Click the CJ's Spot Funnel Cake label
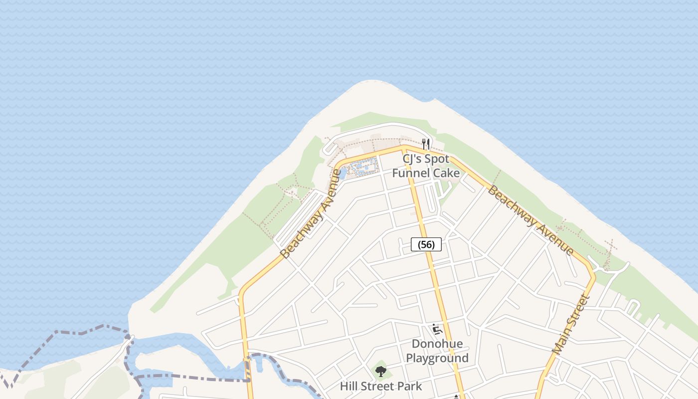[x=426, y=166]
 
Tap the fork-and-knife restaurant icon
[x=426, y=144]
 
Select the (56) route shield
[x=426, y=244]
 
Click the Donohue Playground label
[x=437, y=351]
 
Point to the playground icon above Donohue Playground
[x=437, y=329]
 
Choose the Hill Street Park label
[x=381, y=386]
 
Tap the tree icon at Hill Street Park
[x=381, y=371]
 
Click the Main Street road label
[x=571, y=325]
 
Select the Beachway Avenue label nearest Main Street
[x=530, y=220]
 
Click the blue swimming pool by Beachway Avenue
[x=364, y=166]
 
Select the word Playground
[x=437, y=358]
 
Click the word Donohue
[x=437, y=344]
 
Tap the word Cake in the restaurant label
[x=446, y=173]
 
